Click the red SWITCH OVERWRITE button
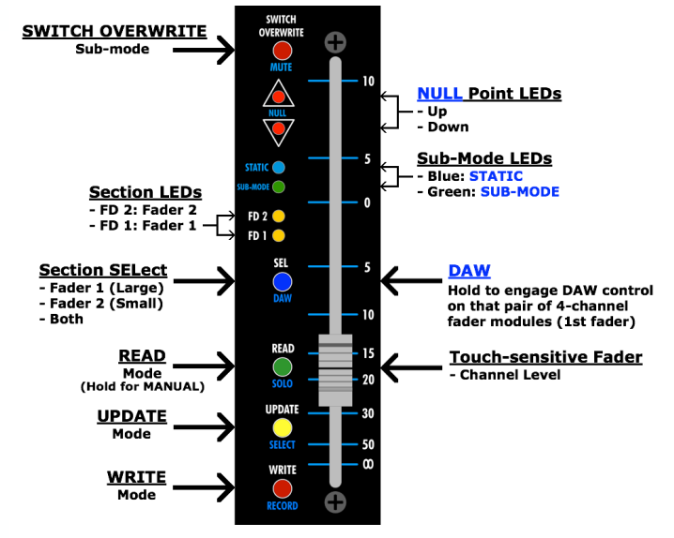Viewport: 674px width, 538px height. (282, 51)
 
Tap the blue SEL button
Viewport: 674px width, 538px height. (282, 282)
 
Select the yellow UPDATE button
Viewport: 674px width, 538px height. (282, 427)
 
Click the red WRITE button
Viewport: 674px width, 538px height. (282, 488)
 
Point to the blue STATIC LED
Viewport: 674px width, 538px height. (279, 168)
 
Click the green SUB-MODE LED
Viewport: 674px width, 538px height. (279, 187)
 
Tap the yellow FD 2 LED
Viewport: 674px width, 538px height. (279, 217)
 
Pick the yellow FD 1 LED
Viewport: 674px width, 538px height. (279, 235)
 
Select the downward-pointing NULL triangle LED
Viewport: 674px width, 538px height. (279, 130)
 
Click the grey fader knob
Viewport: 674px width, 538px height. (335, 370)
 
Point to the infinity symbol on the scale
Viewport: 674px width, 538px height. (368, 464)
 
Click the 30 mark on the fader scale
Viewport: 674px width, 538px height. (368, 413)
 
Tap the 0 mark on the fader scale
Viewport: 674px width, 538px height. (367, 202)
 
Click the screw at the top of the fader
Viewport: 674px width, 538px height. (335, 42)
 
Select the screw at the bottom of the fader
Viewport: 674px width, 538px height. (335, 502)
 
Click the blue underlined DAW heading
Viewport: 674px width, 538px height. (469, 271)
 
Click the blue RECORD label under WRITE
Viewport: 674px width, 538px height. (282, 506)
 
